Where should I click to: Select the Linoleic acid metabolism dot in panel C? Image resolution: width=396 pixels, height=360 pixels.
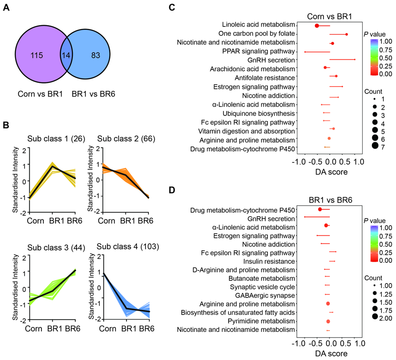(x=317, y=26)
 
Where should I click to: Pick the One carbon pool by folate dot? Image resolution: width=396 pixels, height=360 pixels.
(x=347, y=34)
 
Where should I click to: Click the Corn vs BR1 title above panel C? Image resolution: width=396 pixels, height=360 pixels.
(x=330, y=16)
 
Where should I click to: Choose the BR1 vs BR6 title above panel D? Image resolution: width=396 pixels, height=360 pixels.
(x=330, y=201)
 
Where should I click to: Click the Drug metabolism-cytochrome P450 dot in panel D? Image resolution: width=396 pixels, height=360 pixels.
(x=320, y=210)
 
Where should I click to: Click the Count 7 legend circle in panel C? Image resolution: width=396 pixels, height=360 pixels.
(x=374, y=145)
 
